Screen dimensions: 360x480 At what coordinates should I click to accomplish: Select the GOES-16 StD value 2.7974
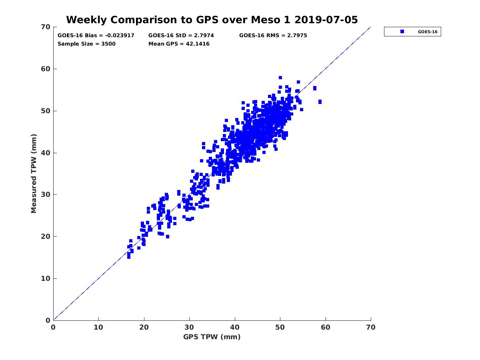pos(203,36)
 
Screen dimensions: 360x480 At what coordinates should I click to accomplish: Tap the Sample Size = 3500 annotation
pos(86,44)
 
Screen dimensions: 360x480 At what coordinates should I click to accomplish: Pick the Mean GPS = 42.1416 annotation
pos(179,44)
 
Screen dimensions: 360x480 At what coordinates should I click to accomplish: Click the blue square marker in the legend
pos(402,32)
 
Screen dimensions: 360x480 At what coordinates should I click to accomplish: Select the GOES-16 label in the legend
pos(428,32)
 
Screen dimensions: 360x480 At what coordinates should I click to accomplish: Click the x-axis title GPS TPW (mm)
pos(212,337)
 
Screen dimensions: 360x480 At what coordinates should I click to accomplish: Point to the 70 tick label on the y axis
pos(46,27)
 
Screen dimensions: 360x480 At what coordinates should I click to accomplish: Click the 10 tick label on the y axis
pos(46,278)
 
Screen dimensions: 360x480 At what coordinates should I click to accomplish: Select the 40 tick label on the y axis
pos(46,153)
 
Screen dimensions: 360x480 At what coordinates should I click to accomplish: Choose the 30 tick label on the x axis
pos(189,327)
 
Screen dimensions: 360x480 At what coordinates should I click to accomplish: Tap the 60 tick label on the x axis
pos(326,327)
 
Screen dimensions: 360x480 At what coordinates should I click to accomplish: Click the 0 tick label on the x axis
pos(53,327)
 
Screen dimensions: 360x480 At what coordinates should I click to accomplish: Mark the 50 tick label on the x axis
pos(280,327)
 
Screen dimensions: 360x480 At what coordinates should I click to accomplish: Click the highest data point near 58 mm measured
pos(280,78)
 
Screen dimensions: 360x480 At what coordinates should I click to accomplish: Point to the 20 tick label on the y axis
pos(46,236)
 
